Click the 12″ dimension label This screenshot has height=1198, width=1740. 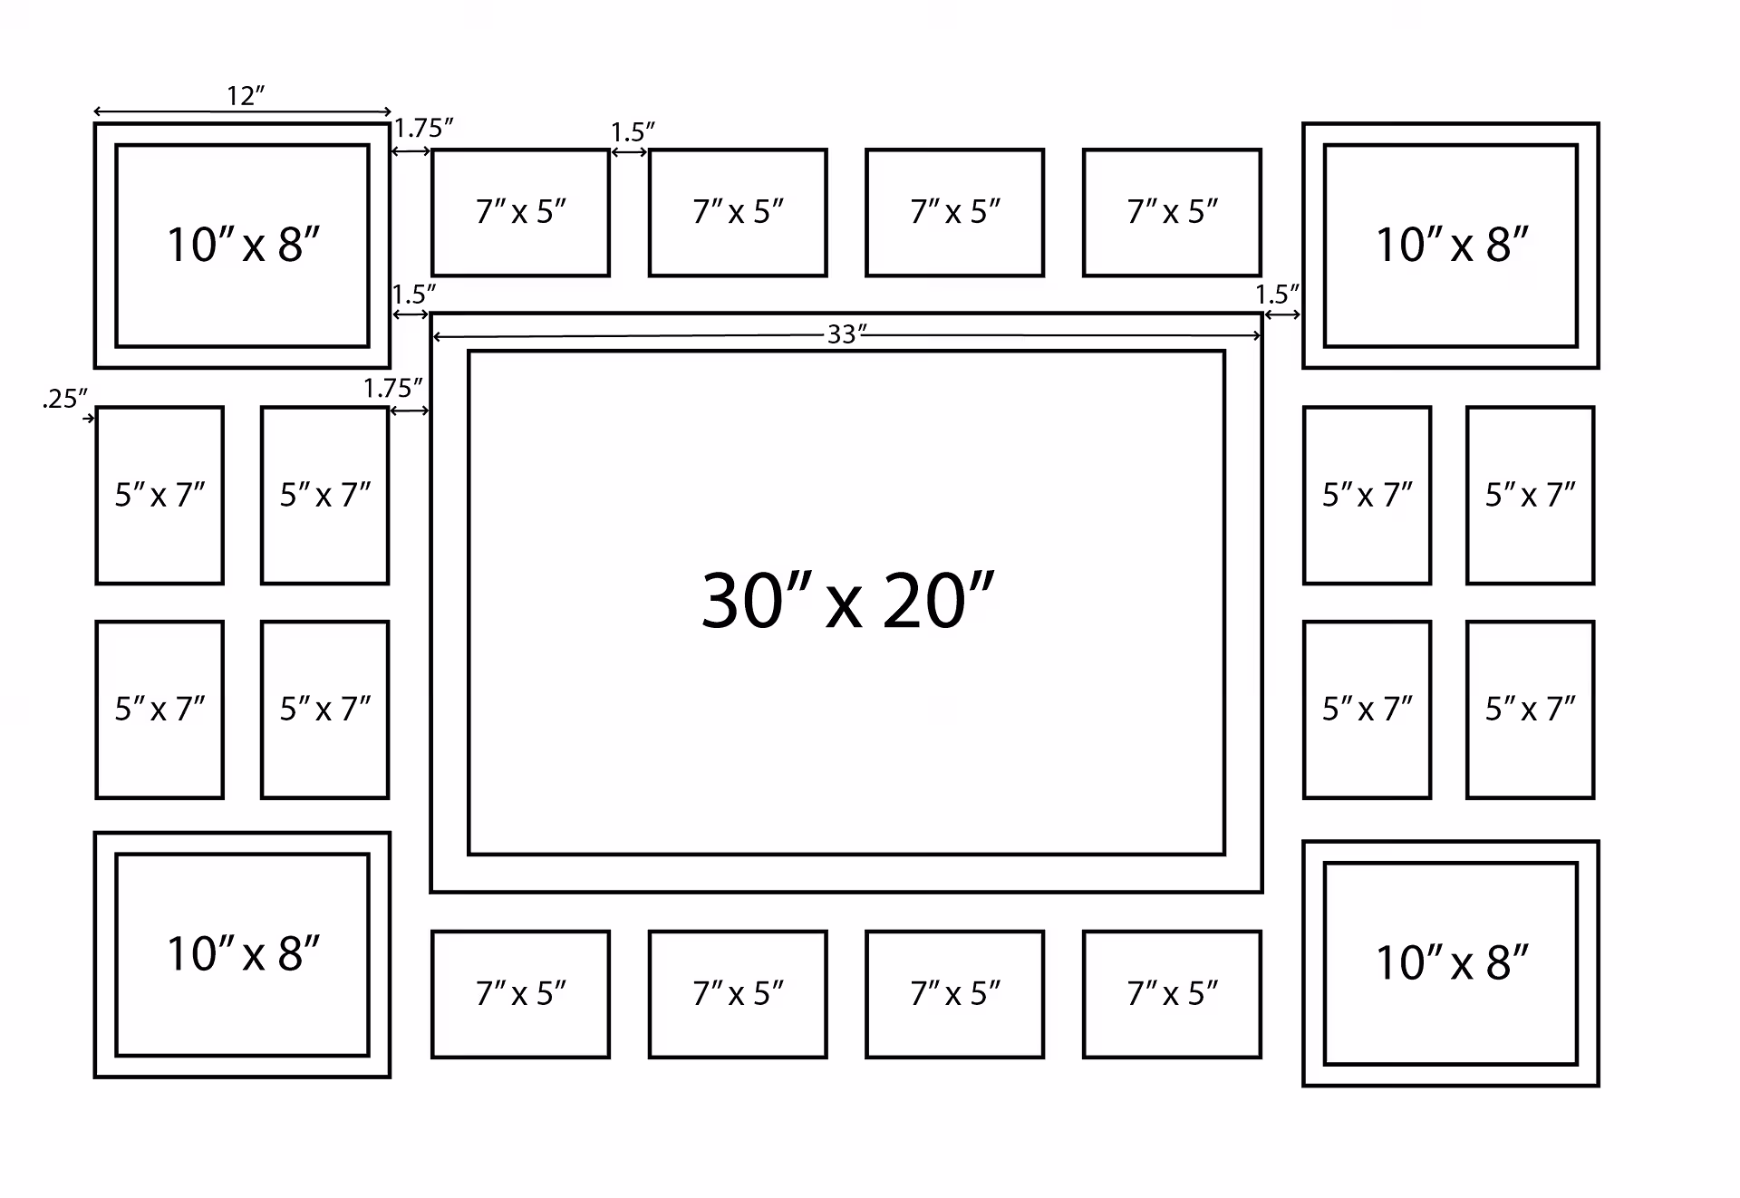(x=245, y=95)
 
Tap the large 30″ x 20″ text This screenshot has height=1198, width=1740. (x=847, y=601)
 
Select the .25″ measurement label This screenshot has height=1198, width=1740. (x=64, y=399)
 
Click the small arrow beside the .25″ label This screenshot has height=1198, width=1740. (x=88, y=418)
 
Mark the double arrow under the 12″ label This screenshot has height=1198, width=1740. (x=242, y=111)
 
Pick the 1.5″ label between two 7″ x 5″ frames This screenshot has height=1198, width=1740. (x=632, y=132)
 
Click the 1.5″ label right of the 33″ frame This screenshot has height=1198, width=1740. (x=1277, y=295)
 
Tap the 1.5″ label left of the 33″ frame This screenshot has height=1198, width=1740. (x=413, y=295)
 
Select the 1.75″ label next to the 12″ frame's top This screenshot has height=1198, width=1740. (x=423, y=129)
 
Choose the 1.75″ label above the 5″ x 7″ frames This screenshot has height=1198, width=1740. (x=392, y=389)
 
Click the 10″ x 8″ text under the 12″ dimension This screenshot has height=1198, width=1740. (x=243, y=245)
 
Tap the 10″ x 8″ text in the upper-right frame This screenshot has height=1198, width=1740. (x=1451, y=245)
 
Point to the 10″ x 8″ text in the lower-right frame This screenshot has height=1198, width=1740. (x=1451, y=962)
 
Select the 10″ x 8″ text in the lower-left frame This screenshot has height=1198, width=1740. (x=243, y=953)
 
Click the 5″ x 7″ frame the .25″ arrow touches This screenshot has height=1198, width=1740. (x=159, y=495)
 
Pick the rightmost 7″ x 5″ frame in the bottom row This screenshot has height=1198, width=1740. (x=1172, y=994)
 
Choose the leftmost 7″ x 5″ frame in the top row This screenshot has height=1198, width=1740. (x=520, y=212)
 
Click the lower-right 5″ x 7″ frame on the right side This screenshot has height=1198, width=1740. (x=1530, y=709)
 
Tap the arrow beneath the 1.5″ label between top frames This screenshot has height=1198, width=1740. (x=629, y=152)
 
